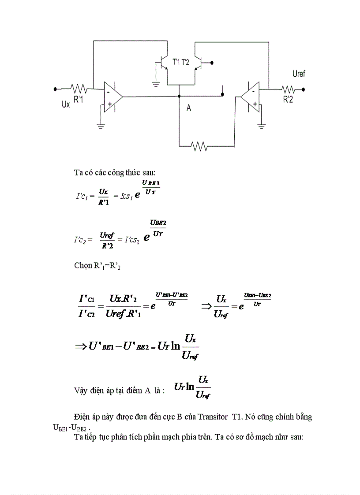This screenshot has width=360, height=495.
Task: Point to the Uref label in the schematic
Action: [299, 74]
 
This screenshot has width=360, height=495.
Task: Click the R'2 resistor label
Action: [288, 100]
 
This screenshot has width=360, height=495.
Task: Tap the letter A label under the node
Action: [189, 108]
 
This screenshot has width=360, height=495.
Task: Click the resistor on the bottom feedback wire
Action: [199, 146]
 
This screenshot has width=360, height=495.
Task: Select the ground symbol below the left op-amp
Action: [101, 126]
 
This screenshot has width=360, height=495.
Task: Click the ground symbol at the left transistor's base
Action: [155, 82]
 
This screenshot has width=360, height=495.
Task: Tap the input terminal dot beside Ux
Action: [55, 89]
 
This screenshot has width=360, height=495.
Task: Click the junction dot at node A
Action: [179, 96]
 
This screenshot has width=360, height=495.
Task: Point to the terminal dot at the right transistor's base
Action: [213, 63]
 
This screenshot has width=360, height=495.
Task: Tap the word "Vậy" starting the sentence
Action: [80, 391]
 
